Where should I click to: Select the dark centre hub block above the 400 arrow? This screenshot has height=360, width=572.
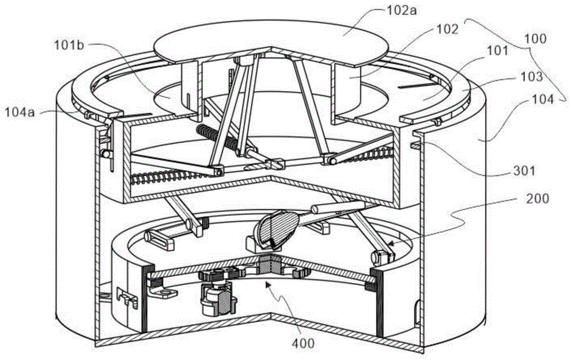[x=269, y=265]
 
